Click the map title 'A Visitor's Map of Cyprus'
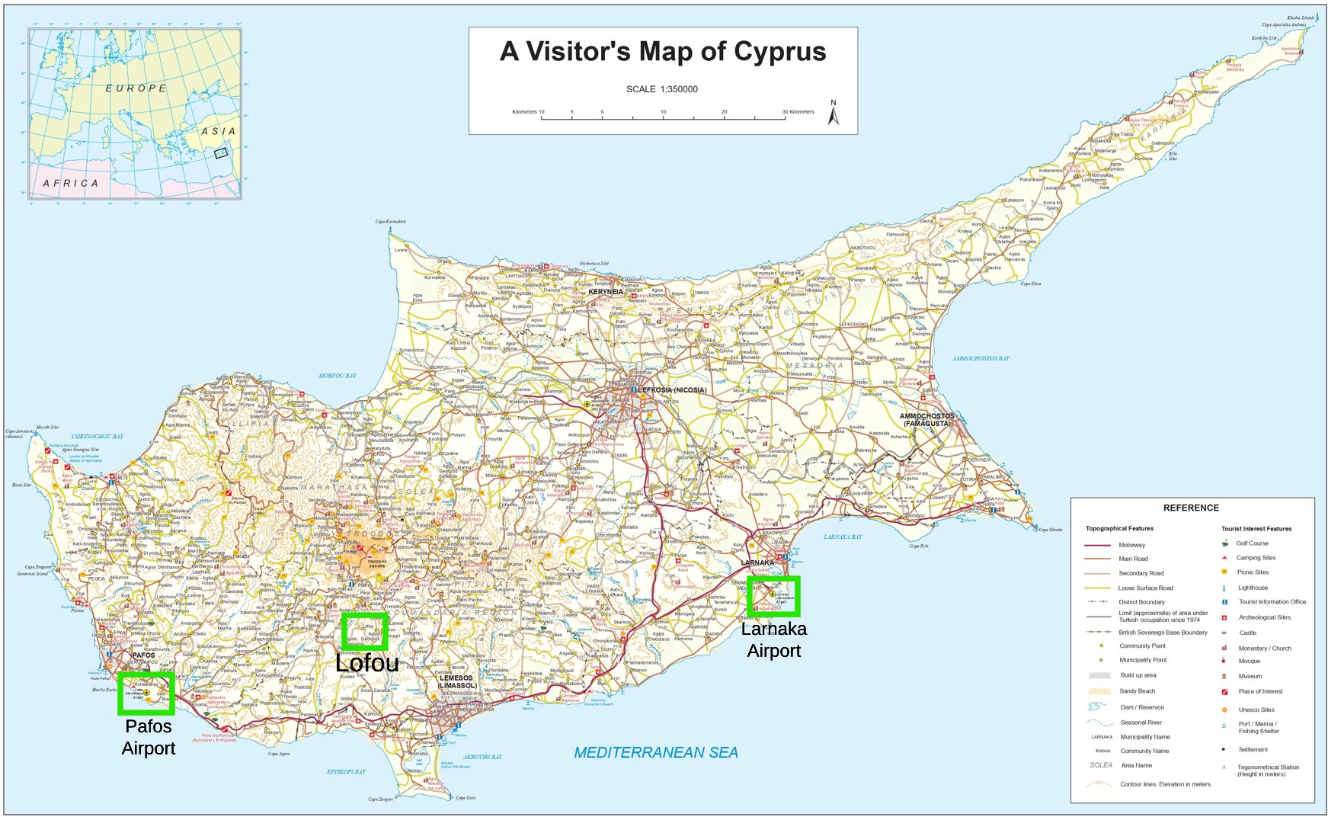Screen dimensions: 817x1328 663,52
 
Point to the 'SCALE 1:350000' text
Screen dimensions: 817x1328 661,89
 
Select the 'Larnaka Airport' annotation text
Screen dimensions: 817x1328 773,639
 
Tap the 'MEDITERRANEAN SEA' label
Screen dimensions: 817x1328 655,753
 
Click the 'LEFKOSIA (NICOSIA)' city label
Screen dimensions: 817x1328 671,390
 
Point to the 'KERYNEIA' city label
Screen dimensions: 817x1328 606,292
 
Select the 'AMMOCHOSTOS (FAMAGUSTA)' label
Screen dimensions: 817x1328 926,420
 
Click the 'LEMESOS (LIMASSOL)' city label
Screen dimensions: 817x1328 456,681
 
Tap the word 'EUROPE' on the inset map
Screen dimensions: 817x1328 136,88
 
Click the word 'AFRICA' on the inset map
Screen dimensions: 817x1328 71,184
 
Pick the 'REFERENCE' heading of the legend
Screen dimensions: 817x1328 1190,508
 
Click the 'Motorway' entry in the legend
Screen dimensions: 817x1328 1131,545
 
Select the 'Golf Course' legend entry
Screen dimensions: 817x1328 1252,543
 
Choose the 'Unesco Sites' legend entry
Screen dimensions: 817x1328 1256,710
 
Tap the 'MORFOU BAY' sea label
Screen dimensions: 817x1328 337,376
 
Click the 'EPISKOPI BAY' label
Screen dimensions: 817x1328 346,772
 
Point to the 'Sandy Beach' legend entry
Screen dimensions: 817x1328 1137,691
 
